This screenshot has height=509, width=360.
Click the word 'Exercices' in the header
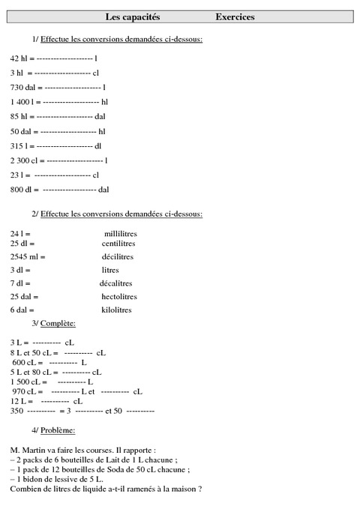[x=234, y=16]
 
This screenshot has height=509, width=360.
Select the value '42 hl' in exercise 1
[x=19, y=58]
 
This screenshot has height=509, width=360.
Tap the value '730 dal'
[x=22, y=87]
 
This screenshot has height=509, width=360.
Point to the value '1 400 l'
[x=21, y=101]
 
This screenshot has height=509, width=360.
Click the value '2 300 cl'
[x=22, y=160]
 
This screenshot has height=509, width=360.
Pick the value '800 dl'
[x=20, y=189]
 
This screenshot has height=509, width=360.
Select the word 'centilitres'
[x=120, y=244]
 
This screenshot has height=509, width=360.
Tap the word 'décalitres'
[x=116, y=283]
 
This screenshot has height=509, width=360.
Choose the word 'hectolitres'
[x=121, y=296]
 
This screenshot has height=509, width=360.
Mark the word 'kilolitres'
[x=116, y=310]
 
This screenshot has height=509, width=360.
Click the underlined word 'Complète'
[x=57, y=323]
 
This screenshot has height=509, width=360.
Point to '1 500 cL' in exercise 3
[x=25, y=382]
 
